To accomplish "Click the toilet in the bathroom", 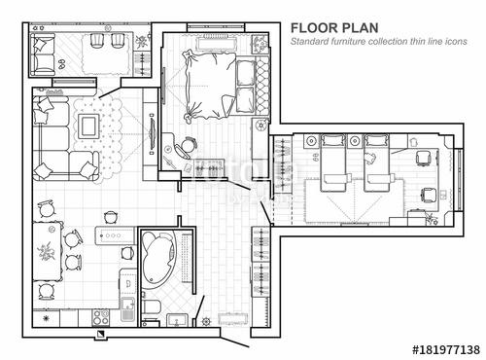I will (x=151, y=310).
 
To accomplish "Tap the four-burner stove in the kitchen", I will (x=98, y=317).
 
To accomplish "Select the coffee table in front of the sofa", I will (x=88, y=125).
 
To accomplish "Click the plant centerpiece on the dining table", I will (x=47, y=252).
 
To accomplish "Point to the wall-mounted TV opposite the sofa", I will (x=151, y=131).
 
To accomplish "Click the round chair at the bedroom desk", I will (x=187, y=146).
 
